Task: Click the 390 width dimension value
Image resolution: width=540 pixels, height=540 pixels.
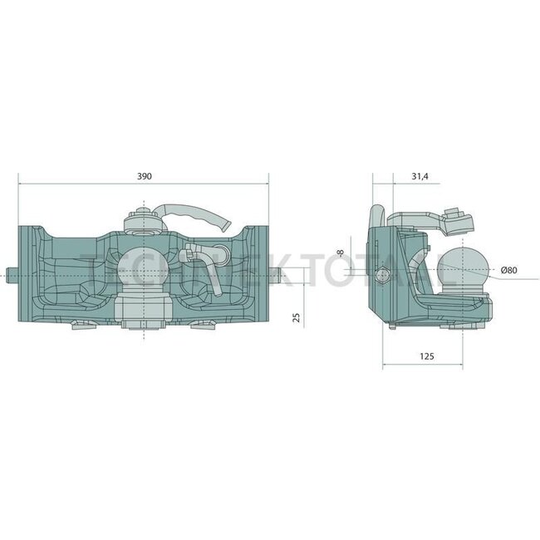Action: (144, 176)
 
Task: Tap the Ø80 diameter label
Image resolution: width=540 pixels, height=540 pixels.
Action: (510, 269)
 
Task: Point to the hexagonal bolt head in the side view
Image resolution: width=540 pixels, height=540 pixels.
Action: (381, 276)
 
